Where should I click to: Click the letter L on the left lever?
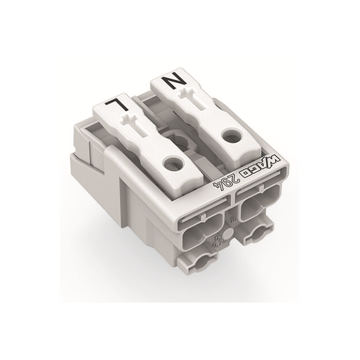pyautogui.click(x=114, y=105)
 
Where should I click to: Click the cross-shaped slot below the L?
pyautogui.click(x=131, y=123)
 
